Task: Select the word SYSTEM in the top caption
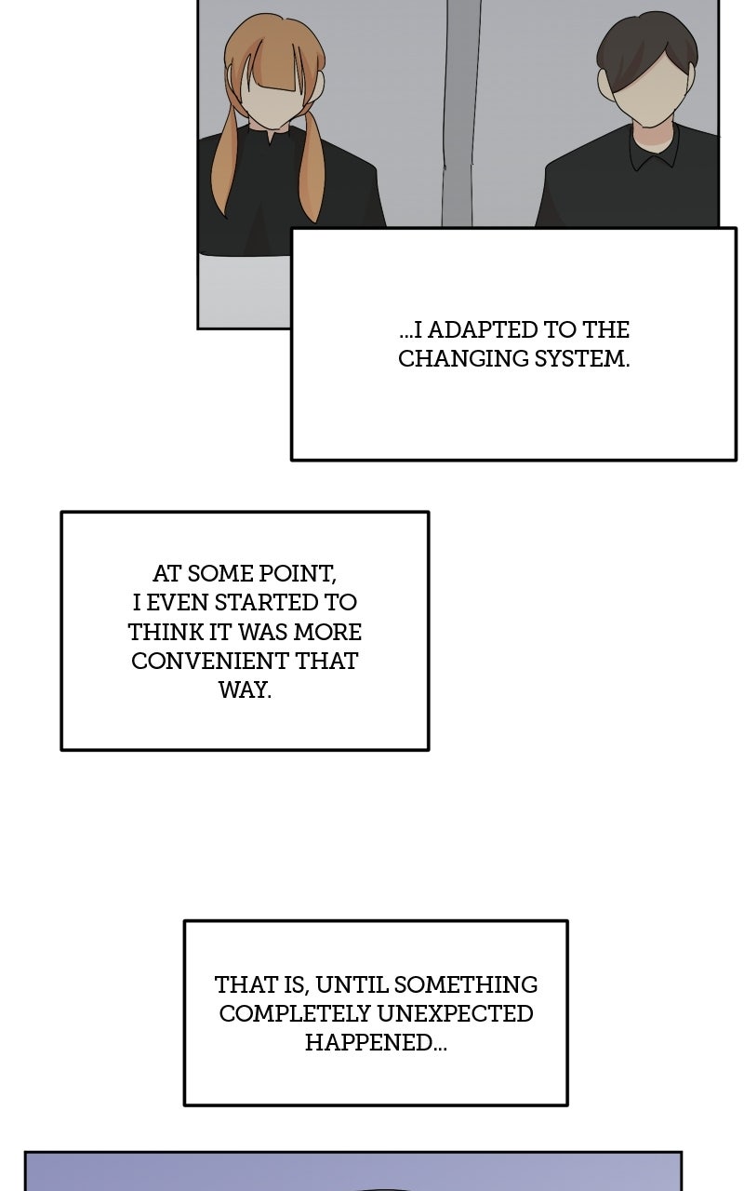point(582,359)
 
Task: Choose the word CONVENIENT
point(209,662)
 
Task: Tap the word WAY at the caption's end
point(245,690)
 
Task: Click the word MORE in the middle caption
point(327,632)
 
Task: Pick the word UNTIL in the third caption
point(352,985)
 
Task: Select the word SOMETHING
point(466,985)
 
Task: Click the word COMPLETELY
point(295,1014)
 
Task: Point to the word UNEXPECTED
point(456,1014)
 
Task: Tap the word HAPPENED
point(375,1043)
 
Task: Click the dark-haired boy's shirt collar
point(655,151)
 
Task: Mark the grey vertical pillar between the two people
point(459,113)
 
